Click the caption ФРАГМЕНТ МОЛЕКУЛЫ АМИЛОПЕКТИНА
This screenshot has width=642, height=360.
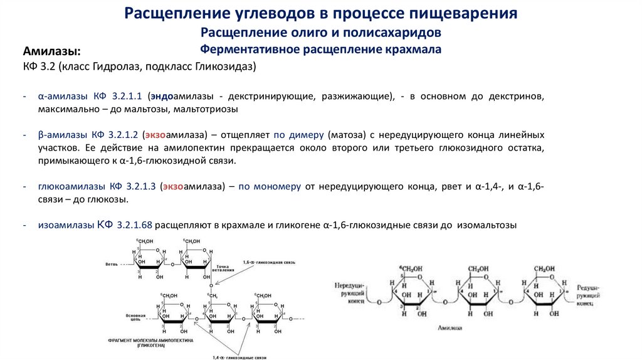[151, 340]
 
